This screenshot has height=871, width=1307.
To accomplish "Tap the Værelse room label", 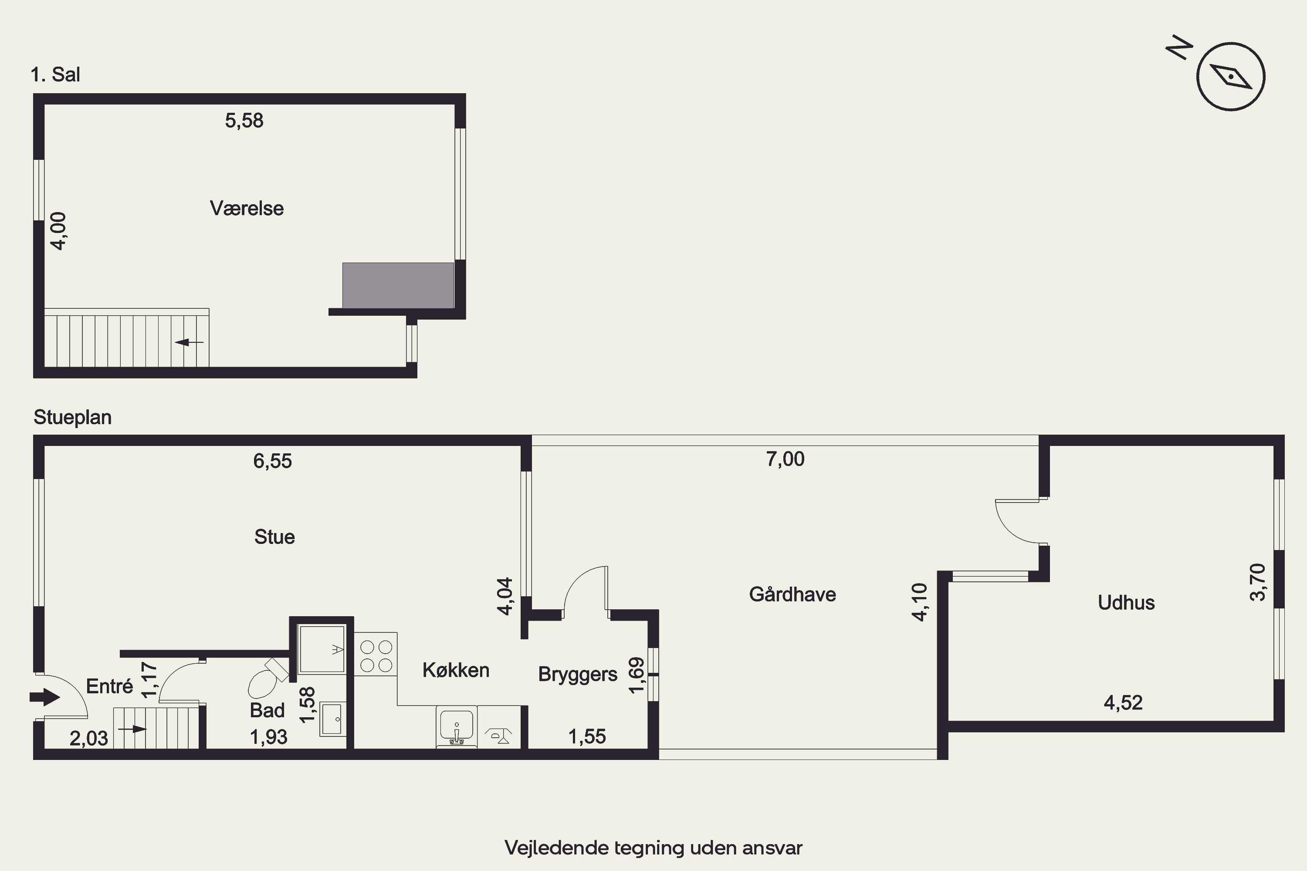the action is pos(247,208).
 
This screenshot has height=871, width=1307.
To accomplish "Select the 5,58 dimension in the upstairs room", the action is pos(244,121).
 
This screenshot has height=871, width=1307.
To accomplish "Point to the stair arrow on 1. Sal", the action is pos(189,342).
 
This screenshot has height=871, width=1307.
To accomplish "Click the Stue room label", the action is pos(274,537).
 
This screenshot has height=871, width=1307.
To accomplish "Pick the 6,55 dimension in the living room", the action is pos(272,461).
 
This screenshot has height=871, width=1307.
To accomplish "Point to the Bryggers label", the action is pos(578,674).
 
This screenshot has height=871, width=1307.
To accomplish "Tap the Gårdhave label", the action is pos(792,594).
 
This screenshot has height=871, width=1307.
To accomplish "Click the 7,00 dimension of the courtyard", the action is pos(785,459).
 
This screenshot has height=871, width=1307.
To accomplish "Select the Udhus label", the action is pos(1126,603).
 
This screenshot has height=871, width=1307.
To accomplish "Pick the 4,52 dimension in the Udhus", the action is pos(1123,703).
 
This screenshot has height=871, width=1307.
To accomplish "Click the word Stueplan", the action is pos(73,417).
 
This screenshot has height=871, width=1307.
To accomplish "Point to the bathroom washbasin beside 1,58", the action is pos(333,719).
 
